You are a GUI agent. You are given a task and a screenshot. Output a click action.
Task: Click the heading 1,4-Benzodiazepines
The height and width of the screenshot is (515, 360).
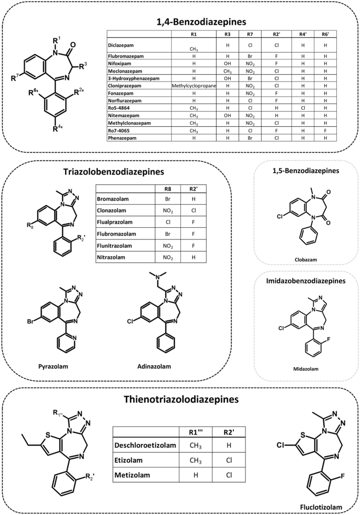tap(180, 22)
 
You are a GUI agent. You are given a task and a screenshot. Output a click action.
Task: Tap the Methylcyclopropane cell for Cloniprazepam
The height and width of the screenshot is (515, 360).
tap(193, 85)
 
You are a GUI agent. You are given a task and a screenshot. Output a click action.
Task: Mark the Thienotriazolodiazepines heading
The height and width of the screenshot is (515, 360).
tap(180, 399)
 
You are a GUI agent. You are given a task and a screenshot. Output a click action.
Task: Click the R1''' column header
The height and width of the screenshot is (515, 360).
tap(197, 432)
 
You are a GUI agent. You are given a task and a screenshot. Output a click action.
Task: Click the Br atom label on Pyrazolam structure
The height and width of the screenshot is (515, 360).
tap(32, 320)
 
